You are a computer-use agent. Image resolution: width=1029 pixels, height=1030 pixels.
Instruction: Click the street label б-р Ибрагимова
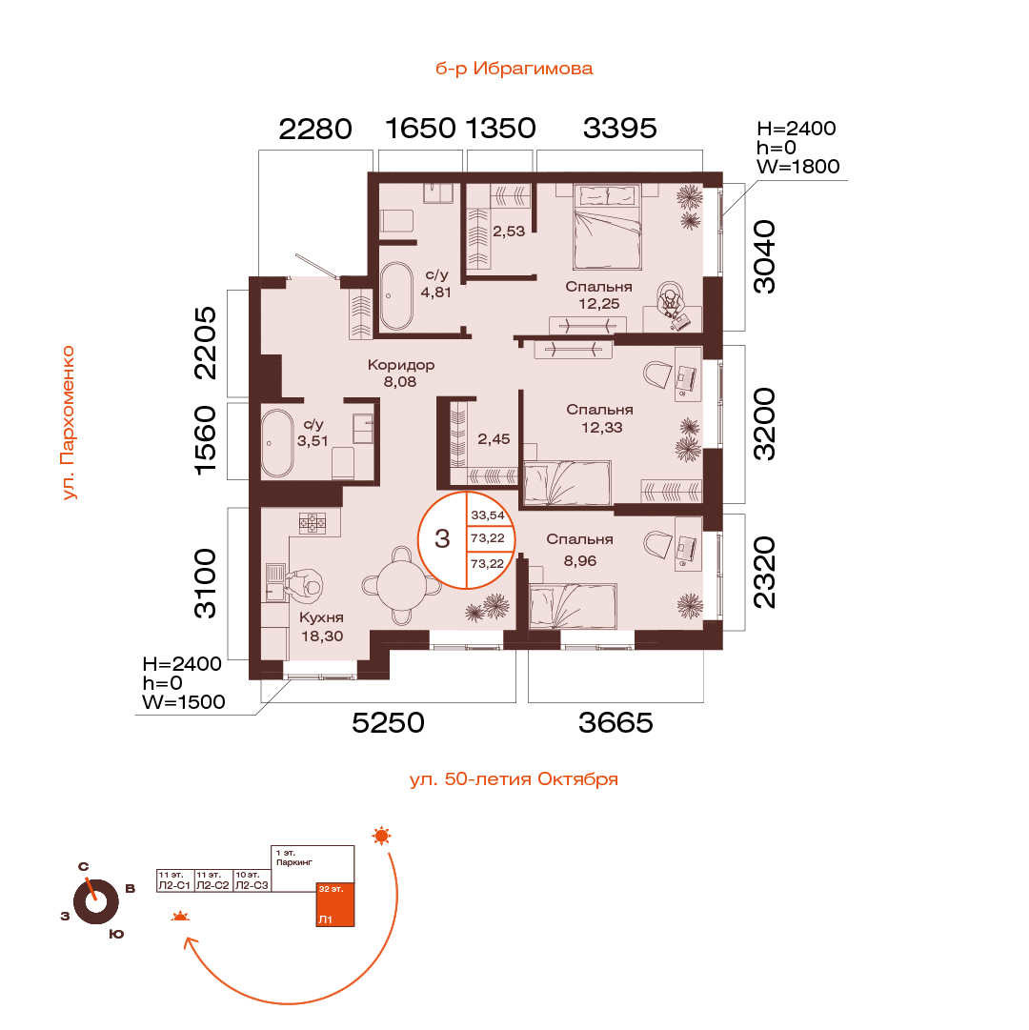[514, 69]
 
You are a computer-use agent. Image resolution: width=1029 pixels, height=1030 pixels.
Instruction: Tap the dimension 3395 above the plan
[620, 128]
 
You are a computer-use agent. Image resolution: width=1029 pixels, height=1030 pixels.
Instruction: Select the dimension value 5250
[388, 722]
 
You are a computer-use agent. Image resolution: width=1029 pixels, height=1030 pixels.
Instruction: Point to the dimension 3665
[615, 722]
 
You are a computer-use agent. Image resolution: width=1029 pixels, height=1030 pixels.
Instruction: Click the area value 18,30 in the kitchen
[322, 636]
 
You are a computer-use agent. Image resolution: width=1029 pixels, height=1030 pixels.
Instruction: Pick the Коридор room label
[400, 365]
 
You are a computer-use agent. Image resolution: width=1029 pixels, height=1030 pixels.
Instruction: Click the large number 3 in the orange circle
[442, 538]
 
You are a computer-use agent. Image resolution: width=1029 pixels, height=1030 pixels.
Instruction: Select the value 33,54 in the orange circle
[488, 515]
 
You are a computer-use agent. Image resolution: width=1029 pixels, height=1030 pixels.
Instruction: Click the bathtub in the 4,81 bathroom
[396, 295]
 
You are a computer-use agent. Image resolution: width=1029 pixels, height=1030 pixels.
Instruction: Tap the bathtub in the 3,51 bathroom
[277, 443]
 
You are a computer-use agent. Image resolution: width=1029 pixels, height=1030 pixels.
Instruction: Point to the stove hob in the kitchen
[313, 523]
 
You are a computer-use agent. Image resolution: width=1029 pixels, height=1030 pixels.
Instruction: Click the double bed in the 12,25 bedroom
[607, 227]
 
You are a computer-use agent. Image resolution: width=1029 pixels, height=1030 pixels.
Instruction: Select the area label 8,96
[580, 561]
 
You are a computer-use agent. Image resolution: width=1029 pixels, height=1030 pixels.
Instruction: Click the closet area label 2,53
[509, 232]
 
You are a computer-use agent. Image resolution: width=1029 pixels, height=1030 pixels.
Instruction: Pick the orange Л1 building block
[334, 904]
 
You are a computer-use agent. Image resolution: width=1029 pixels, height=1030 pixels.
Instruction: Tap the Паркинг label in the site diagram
[294, 862]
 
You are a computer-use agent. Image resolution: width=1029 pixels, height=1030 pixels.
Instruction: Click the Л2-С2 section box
[213, 880]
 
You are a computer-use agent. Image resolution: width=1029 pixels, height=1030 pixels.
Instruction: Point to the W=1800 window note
[797, 166]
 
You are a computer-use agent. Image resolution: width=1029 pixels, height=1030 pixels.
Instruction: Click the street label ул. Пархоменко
[69, 423]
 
